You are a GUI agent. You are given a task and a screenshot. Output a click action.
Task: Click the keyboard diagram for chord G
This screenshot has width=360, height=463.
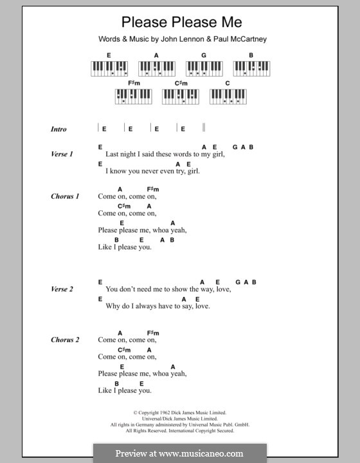tap(203, 68)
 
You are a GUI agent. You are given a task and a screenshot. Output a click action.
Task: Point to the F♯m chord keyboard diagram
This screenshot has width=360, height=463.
tap(133, 96)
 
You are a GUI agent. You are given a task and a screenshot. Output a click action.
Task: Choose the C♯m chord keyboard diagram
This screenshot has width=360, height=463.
tap(181, 96)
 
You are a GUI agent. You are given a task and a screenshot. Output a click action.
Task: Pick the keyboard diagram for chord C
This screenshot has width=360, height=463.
tap(228, 96)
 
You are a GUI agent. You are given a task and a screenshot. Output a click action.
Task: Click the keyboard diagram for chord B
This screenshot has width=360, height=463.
tap(251, 68)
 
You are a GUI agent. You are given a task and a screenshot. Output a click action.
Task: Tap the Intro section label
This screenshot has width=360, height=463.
tap(59, 129)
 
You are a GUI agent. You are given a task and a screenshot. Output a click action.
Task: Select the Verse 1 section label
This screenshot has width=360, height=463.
tap(62, 154)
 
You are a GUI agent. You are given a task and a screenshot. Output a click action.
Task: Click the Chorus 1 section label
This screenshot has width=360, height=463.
tap(65, 196)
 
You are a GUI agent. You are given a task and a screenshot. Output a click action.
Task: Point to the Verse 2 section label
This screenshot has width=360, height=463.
tap(62, 289)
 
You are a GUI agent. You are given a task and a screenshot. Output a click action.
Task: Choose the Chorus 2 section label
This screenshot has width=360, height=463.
tap(65, 340)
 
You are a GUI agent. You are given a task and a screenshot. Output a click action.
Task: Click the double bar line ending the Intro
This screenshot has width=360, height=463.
tap(204, 128)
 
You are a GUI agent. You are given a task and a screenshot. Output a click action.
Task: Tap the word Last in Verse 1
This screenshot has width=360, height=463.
tap(113, 154)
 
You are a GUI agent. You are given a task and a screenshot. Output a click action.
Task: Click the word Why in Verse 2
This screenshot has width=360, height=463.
tap(114, 306)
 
